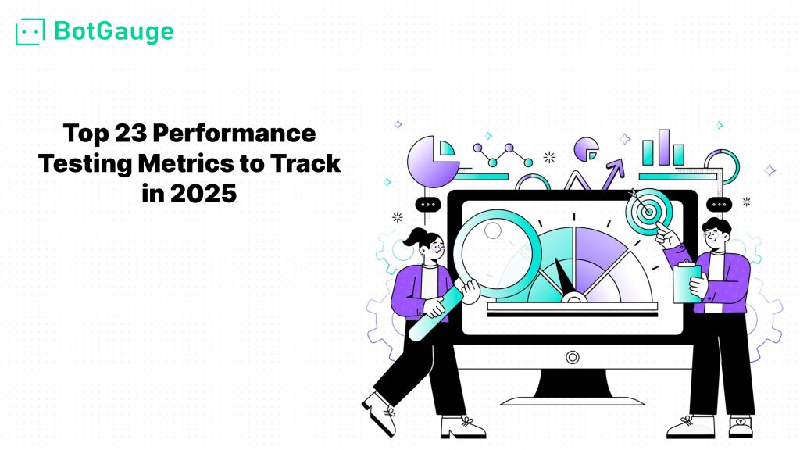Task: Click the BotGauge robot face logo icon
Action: pyautogui.click(x=30, y=32)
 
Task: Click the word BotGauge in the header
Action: pyautogui.click(x=114, y=31)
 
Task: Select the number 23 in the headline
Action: pyautogui.click(x=130, y=134)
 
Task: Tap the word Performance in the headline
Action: pyautogui.click(x=234, y=134)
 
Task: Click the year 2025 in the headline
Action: pyautogui.click(x=204, y=194)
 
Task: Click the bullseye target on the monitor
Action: pyautogui.click(x=649, y=211)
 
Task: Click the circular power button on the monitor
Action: pyautogui.click(x=573, y=357)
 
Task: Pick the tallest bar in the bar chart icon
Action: pyautogui.click(x=663, y=148)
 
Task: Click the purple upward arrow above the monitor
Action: pyautogui.click(x=613, y=174)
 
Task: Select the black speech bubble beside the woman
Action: pyautogui.click(x=428, y=205)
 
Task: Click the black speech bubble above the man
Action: pyautogui.click(x=719, y=205)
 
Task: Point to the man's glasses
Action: pyautogui.click(x=711, y=235)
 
